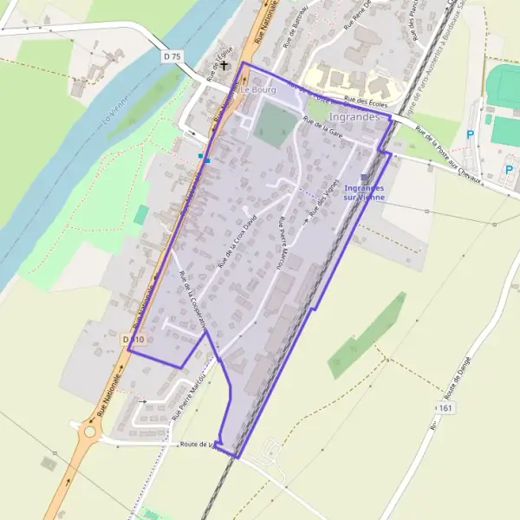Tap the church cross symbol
[x=224, y=64]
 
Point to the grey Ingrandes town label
[x=354, y=117]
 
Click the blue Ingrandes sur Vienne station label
[x=364, y=192]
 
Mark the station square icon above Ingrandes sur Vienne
[x=364, y=177]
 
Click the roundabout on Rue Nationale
[x=89, y=430]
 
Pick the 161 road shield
[x=445, y=407]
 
